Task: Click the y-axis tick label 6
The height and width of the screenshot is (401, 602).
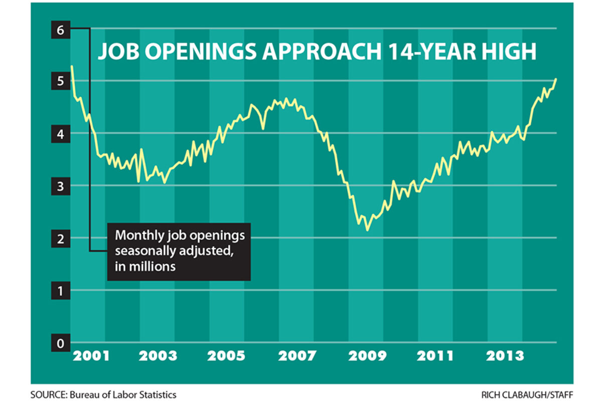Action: [61, 30]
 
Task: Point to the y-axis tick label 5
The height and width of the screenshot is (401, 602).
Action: [61, 81]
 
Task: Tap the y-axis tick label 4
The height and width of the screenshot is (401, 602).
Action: [61, 134]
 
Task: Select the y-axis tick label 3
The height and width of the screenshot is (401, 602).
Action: [61, 186]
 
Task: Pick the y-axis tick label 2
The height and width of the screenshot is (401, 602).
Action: [61, 239]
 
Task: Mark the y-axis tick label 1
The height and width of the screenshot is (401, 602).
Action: [61, 291]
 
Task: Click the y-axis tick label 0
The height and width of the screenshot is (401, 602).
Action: [61, 343]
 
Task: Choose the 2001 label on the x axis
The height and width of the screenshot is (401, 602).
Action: [90, 356]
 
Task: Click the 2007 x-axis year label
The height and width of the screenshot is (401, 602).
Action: [297, 356]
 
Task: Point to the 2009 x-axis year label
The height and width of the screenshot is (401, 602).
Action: [368, 356]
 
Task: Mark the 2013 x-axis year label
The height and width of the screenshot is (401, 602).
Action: [505, 356]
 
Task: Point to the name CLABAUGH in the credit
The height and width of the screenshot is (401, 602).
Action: [530, 394]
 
